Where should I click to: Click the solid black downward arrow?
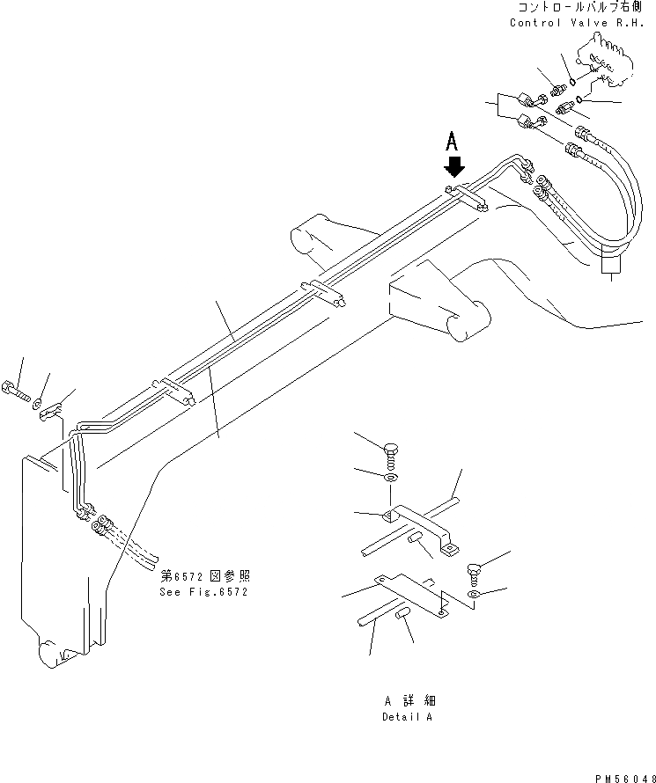click(454, 165)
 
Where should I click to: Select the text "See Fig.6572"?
click(204, 592)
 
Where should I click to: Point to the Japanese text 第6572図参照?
click(204, 576)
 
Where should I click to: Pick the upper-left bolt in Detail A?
click(392, 455)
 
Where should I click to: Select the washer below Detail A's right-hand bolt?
click(474, 596)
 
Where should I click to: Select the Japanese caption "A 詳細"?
click(409, 701)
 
